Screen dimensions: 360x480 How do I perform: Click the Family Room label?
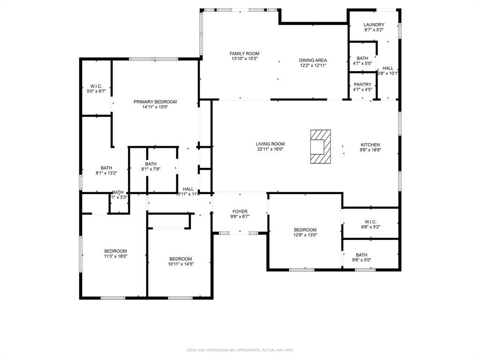[244, 53]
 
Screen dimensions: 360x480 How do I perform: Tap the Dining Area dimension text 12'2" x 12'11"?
[313, 66]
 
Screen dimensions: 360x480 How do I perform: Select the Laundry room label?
[374, 25]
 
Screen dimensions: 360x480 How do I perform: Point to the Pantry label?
[362, 84]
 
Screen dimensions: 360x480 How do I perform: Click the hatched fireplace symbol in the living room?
[320, 147]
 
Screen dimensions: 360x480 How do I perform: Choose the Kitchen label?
[370, 144]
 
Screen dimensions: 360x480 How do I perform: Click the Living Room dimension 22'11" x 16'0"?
[270, 150]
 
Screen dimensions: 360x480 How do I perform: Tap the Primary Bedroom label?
[155, 102]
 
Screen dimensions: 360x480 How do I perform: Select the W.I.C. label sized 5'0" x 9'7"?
[96, 86]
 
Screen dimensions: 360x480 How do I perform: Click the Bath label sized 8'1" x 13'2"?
[106, 168]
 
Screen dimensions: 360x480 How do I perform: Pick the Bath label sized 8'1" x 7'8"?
[150, 164]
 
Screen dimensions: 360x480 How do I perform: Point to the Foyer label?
[240, 211]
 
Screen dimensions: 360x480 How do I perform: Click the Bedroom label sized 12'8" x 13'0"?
[305, 230]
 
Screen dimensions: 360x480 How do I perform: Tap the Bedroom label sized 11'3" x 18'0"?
[115, 251]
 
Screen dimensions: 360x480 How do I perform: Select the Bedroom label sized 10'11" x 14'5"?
[180, 259]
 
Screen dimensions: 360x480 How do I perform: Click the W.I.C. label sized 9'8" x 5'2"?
[370, 222]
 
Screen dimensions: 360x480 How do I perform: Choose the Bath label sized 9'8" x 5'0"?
[361, 255]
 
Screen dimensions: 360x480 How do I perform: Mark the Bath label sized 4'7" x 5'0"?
[362, 58]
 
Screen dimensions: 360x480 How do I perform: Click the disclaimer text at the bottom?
[240, 350]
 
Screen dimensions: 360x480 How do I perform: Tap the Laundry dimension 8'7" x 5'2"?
[374, 30]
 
